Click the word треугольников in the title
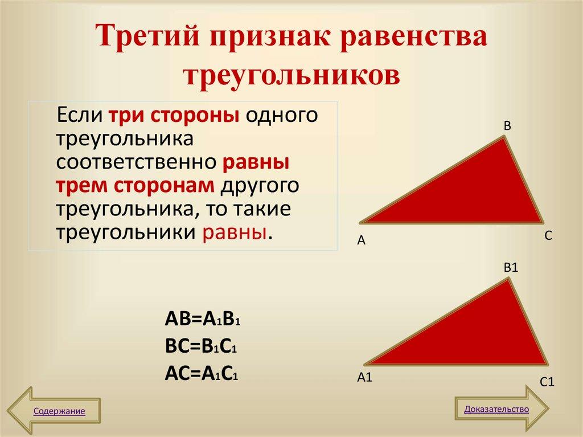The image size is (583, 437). (291, 75)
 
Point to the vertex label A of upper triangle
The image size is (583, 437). (360, 241)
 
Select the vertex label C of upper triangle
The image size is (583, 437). (548, 236)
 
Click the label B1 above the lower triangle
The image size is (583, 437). (510, 267)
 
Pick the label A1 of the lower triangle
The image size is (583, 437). (364, 377)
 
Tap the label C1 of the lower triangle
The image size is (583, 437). (547, 382)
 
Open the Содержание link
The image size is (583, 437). (59, 411)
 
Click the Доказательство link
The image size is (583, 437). (496, 409)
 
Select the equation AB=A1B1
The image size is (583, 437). (203, 318)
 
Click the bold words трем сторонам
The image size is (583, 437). (135, 186)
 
